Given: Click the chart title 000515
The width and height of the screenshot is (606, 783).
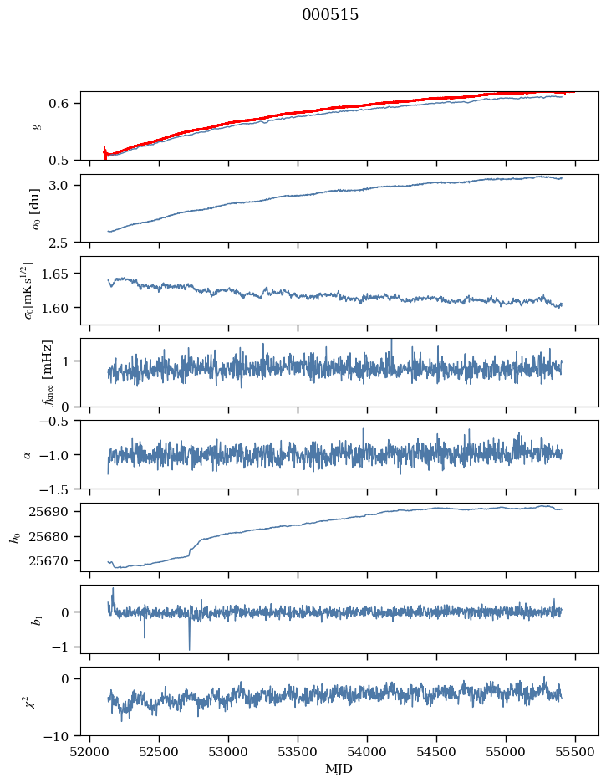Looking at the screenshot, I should tap(330, 15).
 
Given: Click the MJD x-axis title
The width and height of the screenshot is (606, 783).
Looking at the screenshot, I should tap(339, 768).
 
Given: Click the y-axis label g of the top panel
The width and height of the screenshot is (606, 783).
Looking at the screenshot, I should tap(35, 125).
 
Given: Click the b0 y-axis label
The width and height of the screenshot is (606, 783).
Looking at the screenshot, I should tap(14, 536).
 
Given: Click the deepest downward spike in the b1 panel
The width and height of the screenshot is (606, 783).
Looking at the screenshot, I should tap(189, 647).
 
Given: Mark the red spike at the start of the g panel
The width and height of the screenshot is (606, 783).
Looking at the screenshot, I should tap(104, 152).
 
